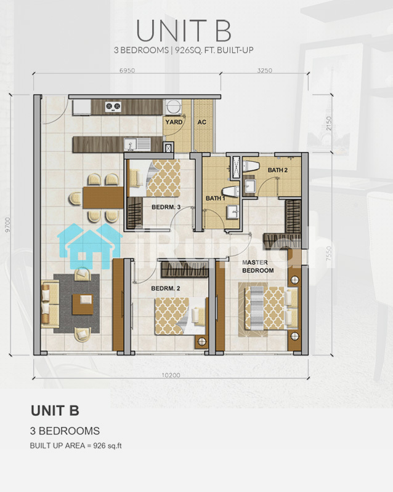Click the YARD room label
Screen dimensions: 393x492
(174, 122)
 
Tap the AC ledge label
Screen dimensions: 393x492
(202, 122)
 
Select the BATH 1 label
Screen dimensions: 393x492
(216, 198)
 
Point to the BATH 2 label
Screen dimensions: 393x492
(278, 170)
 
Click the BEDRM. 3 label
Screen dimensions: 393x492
(166, 207)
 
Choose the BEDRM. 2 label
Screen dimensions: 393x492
(166, 288)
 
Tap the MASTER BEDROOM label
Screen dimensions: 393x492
(258, 266)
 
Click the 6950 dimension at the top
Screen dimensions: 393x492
(127, 70)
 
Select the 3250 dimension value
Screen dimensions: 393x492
(265, 70)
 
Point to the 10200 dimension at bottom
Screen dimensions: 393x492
(171, 375)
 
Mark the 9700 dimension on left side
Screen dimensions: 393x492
(7, 225)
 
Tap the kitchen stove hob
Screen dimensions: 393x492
(113, 107)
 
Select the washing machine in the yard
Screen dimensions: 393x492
(172, 107)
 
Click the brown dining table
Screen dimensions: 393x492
(103, 197)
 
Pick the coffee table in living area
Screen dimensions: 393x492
(83, 304)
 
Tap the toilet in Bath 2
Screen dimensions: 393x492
(251, 166)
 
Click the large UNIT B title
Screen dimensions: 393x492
(184, 31)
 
